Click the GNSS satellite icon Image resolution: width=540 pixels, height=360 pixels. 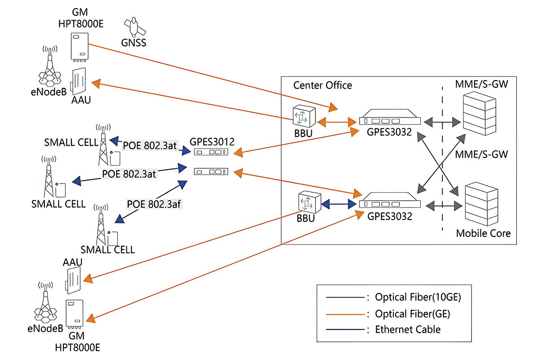pos(134,27)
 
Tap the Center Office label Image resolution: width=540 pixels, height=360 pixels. pos(323,85)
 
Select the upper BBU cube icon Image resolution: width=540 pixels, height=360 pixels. pos(303,116)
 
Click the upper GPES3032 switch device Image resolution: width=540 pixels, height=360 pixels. pos(391,120)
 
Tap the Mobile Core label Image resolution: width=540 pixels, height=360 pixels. pos(483,233)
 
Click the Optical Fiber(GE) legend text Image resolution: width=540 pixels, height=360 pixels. pos(413,314)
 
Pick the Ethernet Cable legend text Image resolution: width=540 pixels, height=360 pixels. pos(408,329)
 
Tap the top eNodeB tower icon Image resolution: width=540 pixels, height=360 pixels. pos(50,70)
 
